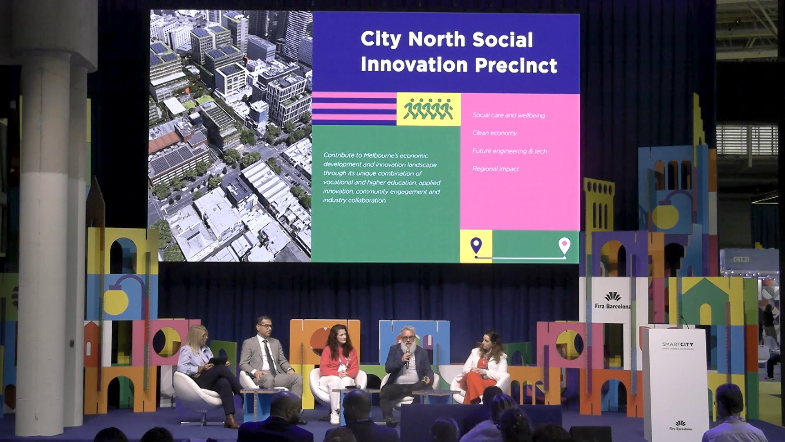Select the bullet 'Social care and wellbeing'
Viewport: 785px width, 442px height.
pos(509,115)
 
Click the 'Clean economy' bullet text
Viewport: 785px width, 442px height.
pos(494,133)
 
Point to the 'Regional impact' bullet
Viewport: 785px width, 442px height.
pos(496,169)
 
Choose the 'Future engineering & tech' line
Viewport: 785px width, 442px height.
pos(509,151)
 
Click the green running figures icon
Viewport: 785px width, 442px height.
pos(428,109)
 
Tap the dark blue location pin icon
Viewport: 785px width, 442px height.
pos(475,246)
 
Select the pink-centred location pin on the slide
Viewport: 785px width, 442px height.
pos(564,246)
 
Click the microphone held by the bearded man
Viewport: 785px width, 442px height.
pos(407,356)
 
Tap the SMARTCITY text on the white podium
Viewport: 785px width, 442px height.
pos(677,344)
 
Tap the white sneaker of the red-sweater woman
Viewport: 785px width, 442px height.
pos(334,417)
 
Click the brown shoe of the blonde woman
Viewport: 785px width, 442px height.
pos(231,422)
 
